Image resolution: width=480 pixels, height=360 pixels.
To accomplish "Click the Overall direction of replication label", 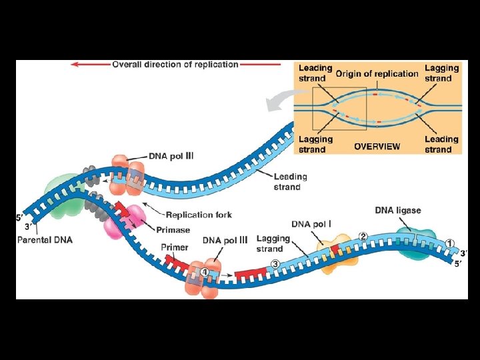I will coord(175,65).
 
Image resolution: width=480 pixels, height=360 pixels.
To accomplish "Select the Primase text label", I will coord(174,230).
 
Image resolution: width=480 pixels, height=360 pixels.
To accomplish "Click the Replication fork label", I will coord(198,215).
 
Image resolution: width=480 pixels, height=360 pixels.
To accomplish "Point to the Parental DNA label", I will coord(45,239).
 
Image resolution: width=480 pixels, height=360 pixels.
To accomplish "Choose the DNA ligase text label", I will coord(397,210).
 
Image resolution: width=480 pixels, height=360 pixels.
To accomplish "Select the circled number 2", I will coord(363,236).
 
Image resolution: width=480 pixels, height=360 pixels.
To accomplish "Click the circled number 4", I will coord(205,271).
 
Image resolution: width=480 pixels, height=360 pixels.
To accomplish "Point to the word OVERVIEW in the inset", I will coord(377,146).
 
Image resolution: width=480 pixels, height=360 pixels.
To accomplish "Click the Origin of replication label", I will coord(377,73).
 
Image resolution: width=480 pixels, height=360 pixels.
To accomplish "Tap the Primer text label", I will coord(174,247).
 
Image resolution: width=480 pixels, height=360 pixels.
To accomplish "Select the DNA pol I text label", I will coord(312,223).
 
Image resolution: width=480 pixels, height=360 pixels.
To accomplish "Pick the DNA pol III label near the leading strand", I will coord(171,156).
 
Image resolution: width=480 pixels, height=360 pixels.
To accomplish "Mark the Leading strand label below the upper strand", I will coord(290,181).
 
